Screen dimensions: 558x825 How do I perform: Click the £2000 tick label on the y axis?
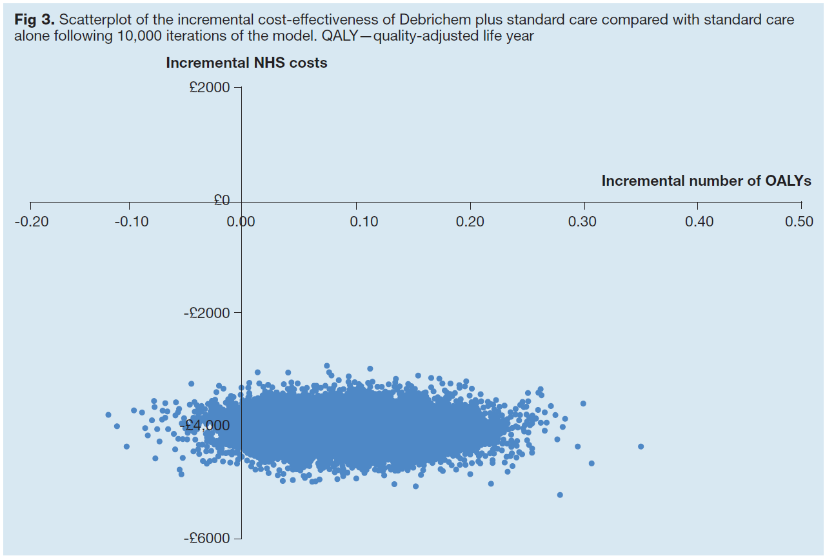[209, 87]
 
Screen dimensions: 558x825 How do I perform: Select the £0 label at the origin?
[222, 201]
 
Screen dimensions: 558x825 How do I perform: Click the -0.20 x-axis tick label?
[30, 222]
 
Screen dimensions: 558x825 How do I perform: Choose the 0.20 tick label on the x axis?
[470, 222]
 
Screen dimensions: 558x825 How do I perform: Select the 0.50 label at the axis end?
[800, 222]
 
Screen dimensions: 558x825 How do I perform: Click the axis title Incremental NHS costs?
[246, 63]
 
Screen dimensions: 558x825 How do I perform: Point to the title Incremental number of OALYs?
[706, 181]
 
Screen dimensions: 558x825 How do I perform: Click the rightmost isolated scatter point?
[641, 446]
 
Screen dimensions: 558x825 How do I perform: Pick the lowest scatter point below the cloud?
[559, 495]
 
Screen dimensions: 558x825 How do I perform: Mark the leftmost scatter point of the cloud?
[108, 415]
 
